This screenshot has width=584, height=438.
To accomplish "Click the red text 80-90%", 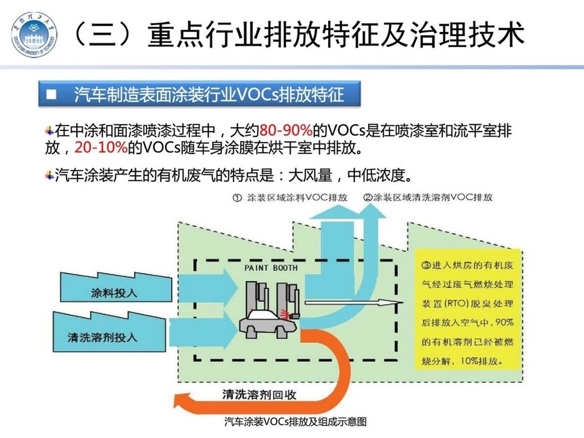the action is tap(286, 130).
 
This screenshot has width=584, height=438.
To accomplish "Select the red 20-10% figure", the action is tap(101, 147).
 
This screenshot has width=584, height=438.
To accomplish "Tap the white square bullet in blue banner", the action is tap(51, 94).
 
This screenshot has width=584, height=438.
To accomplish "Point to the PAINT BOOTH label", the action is tap(271, 268).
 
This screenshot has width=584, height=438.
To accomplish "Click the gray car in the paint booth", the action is tap(268, 324).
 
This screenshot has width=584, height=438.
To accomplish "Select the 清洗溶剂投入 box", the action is tap(109, 332).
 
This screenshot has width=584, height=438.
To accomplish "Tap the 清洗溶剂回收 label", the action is tap(259, 394).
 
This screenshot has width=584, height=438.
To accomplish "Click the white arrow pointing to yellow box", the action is tap(354, 303).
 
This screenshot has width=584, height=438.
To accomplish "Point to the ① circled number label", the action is tap(237, 198).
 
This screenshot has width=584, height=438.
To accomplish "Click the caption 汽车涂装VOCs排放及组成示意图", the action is tap(295, 422).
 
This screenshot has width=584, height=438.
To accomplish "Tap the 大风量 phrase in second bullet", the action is tap(310, 175).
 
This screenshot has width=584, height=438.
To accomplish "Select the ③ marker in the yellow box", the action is tap(426, 266).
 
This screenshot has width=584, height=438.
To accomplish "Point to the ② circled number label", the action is tap(368, 198).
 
